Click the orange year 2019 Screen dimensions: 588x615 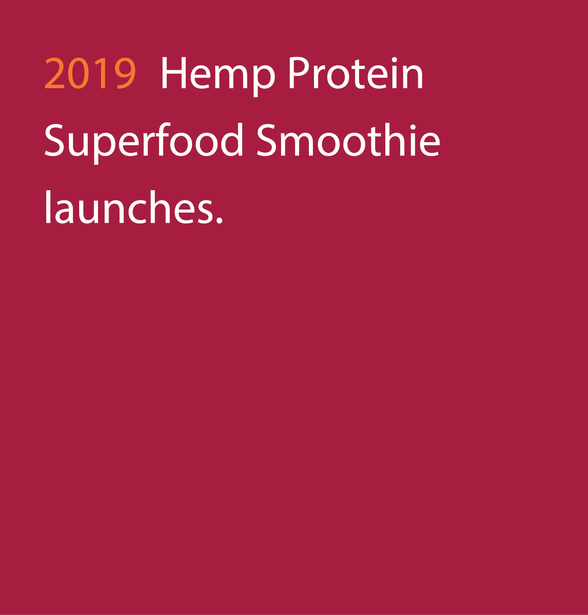tap(91, 73)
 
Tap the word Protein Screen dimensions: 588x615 tap(356, 73)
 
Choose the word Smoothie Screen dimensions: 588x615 tap(348, 140)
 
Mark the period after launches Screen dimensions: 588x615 tap(219, 220)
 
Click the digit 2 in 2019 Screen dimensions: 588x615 tap(54, 73)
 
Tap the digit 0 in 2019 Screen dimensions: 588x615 tap(78, 73)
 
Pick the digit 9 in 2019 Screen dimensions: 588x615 tap(125, 73)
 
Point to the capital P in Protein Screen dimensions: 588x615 tap(299, 73)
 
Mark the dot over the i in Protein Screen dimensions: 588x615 tap(394, 60)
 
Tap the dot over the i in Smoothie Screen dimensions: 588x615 tap(413, 127)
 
